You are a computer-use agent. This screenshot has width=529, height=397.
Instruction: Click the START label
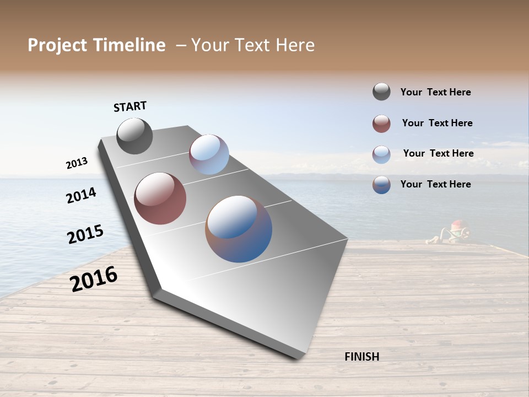(130, 106)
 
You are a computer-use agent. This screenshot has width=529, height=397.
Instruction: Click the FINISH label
(361, 357)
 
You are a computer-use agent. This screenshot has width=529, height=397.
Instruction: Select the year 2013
(77, 163)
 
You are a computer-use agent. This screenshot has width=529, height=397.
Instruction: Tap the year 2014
(81, 195)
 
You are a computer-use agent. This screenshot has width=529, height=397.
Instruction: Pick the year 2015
(85, 234)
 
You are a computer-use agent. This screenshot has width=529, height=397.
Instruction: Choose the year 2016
(94, 278)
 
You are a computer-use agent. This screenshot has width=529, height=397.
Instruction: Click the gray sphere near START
(134, 136)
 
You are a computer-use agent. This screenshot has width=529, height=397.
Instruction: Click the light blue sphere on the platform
(209, 154)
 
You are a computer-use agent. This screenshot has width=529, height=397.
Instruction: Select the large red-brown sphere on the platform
(160, 198)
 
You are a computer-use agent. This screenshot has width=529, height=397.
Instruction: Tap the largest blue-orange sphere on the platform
(239, 229)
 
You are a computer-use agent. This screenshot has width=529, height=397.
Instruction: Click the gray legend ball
(381, 92)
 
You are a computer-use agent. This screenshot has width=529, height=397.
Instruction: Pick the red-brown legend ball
(381, 124)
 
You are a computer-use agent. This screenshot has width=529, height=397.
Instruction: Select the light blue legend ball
(381, 154)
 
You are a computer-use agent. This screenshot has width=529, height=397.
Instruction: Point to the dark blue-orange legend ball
(381, 185)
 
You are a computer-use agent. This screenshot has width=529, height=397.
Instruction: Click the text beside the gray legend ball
(435, 93)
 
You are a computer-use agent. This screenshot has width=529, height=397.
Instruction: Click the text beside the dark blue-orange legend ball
(435, 184)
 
